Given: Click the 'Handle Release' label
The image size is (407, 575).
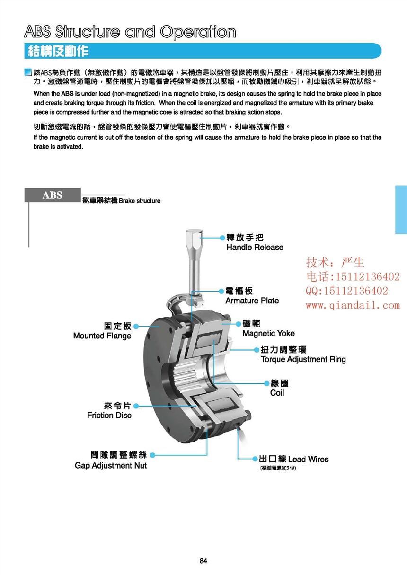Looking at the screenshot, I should (255, 247).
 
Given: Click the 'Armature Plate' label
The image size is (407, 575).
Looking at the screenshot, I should (252, 301).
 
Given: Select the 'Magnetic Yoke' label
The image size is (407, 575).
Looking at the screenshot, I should (268, 333).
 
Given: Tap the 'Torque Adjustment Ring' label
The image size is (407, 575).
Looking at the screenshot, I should (303, 359).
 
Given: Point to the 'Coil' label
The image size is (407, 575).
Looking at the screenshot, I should (277, 393).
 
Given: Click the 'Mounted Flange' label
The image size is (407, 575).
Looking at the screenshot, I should (102, 336).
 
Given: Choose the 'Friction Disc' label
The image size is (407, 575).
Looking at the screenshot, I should (109, 415).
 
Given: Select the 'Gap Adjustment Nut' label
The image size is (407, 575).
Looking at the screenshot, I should (111, 465).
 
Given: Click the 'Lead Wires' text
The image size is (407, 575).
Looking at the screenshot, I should (308, 459).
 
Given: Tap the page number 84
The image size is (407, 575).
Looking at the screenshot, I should (203, 561).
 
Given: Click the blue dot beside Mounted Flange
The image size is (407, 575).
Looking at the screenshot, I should (136, 326).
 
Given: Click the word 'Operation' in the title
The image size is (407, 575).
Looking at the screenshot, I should (198, 32).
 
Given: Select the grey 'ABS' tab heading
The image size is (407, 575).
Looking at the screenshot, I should (52, 195).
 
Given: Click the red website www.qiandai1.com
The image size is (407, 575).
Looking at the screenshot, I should (353, 306).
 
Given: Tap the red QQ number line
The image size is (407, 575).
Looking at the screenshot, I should (346, 291).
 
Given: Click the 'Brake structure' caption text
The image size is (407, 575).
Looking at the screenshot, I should (140, 201).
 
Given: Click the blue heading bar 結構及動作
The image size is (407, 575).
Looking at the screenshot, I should (59, 51).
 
